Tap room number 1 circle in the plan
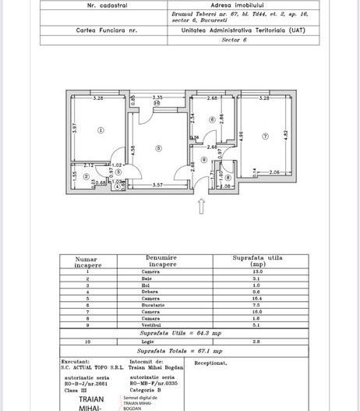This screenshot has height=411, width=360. [x=101, y=130]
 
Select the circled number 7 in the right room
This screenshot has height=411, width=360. [x=265, y=136]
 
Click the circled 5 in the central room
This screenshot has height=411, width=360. [x=159, y=147]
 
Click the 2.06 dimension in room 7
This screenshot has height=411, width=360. [x=274, y=172]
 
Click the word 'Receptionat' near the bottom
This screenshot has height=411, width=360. [x=210, y=363]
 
